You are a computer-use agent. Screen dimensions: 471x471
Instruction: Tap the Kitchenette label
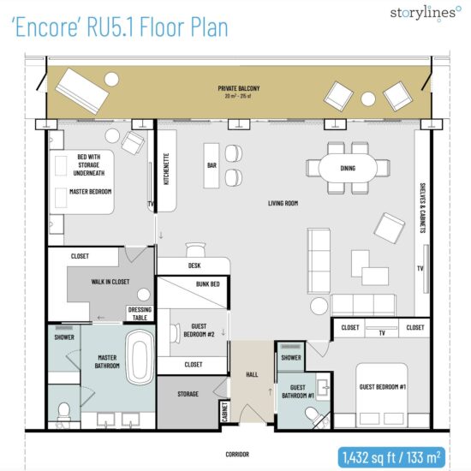[166, 170]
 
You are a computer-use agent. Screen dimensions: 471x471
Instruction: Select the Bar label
[212, 164]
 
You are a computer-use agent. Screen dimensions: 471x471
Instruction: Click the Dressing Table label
[139, 313]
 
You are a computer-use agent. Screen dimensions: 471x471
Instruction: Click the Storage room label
[188, 394]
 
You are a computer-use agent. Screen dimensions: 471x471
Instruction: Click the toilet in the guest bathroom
[313, 415]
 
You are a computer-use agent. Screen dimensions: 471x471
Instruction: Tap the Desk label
[194, 265]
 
